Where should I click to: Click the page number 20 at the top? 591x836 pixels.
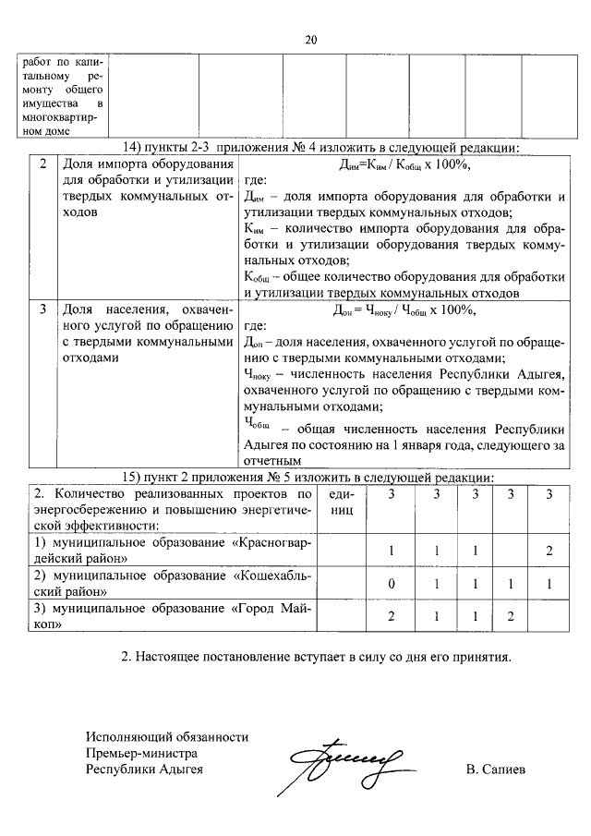310,39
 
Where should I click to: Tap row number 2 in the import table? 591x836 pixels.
43,165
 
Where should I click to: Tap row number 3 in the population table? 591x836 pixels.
43,309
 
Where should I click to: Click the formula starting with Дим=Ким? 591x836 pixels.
403,165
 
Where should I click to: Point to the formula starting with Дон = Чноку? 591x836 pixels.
403,309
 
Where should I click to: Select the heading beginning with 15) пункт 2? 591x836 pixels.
309,477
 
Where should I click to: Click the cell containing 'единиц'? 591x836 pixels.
341,503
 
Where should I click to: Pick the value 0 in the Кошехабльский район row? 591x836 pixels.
392,585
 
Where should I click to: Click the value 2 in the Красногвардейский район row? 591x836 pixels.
549,551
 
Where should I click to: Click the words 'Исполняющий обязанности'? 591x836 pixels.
167,737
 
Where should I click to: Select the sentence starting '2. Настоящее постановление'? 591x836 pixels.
316,658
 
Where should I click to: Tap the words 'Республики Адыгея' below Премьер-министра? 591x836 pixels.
143,769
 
